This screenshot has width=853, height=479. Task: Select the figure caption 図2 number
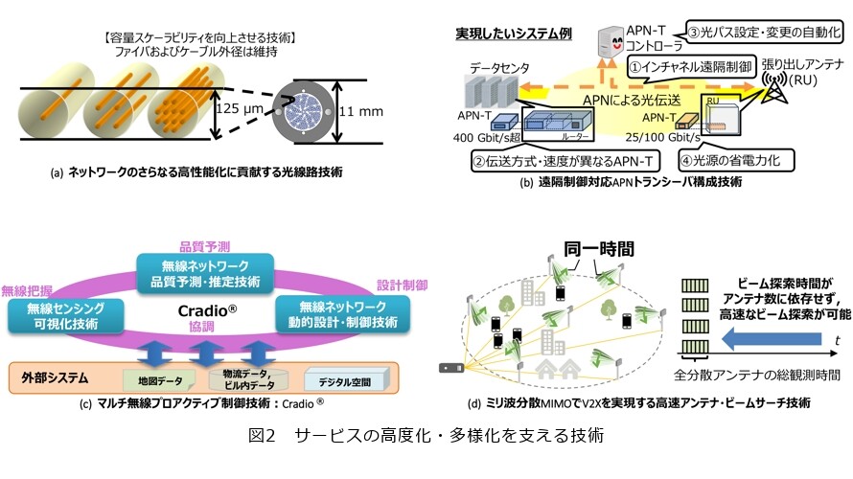coord(262,436)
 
